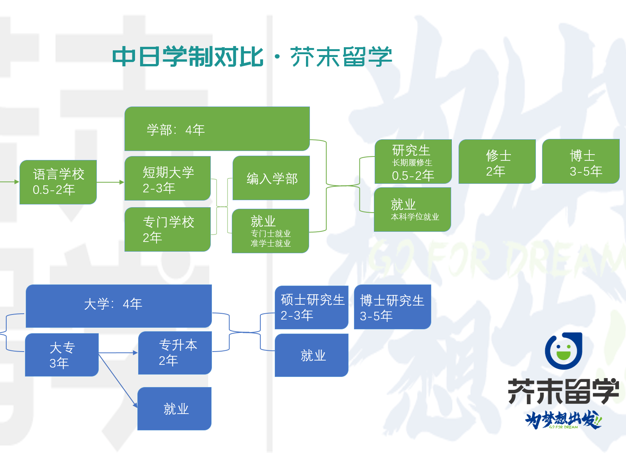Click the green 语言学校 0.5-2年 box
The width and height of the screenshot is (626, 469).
58,182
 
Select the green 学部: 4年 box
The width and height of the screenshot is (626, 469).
217,129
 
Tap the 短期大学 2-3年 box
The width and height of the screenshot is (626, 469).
167,179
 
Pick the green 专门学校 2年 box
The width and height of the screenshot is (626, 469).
167,229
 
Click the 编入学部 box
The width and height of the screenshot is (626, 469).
271,178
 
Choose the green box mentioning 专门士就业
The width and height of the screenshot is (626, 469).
270,231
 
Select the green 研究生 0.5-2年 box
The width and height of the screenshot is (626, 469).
413,162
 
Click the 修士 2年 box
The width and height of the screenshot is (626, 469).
497,162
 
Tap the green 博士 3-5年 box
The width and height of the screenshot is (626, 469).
581,162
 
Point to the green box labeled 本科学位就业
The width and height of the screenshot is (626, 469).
413,210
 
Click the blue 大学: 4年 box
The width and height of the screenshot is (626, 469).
119,306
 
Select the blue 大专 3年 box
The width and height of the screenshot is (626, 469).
62,355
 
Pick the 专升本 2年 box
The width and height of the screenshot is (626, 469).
175,353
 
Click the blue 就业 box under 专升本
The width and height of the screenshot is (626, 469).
174,409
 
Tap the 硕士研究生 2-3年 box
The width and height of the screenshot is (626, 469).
311,307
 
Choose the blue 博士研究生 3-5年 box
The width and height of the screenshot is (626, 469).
392,307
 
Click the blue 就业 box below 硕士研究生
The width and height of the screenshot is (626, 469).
311,355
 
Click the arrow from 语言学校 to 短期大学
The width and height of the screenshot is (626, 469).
110,182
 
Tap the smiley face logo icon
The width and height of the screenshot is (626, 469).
563,351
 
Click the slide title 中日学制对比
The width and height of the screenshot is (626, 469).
188,57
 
